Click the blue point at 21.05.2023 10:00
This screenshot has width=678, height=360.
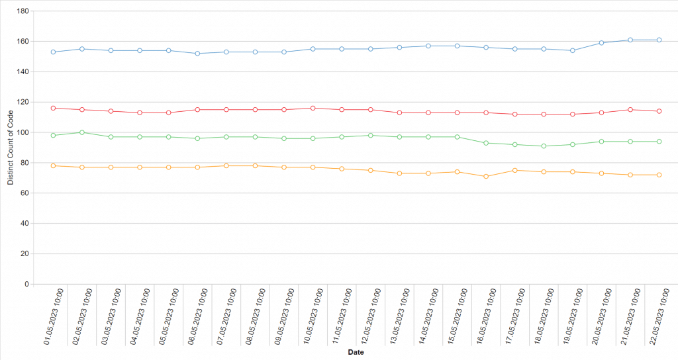coord(630,40)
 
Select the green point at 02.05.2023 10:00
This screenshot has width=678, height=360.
coord(81,132)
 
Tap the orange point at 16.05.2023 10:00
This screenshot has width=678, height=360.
coord(486,176)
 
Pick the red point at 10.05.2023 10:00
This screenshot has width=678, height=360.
coord(313,108)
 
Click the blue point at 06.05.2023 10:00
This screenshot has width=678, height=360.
coord(197,54)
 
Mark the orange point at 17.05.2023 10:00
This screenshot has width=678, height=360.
coord(514,170)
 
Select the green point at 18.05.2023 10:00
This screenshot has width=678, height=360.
coord(544,146)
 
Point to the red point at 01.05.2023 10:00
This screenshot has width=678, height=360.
coord(53,108)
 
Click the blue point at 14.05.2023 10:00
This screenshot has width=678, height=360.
coord(428,46)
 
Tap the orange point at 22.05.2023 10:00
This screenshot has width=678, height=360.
coord(659,175)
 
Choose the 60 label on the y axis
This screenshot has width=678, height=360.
coord(24,193)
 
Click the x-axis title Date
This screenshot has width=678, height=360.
coord(355,353)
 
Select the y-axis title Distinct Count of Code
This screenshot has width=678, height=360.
coord(10,146)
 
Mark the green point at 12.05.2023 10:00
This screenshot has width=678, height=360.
coord(371,135)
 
